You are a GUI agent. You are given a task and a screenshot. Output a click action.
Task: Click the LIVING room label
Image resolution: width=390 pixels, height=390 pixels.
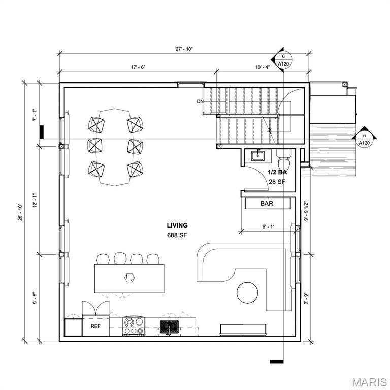coord(177,225)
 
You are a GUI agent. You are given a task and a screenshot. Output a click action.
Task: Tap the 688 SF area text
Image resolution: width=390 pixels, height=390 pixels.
coord(177,235)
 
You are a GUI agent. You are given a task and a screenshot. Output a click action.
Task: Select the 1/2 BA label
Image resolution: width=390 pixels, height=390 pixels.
coord(278,173)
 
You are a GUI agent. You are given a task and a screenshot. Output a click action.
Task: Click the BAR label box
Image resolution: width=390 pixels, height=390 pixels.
coord(267,203)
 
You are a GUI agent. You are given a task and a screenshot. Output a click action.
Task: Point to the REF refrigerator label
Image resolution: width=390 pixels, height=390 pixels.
coord(95,326)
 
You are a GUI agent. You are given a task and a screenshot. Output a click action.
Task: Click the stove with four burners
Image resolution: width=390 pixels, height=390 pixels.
coord(134,326)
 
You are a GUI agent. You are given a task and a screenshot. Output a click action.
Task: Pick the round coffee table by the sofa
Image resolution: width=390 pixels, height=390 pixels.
coord(247,292)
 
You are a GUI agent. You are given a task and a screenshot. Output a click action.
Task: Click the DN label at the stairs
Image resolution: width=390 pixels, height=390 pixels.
coord(200,101)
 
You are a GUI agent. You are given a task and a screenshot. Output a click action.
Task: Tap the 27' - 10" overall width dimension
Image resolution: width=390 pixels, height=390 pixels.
coord(183,49)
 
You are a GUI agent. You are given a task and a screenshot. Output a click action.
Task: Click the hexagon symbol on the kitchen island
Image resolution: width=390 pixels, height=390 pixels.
coord(129,277)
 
